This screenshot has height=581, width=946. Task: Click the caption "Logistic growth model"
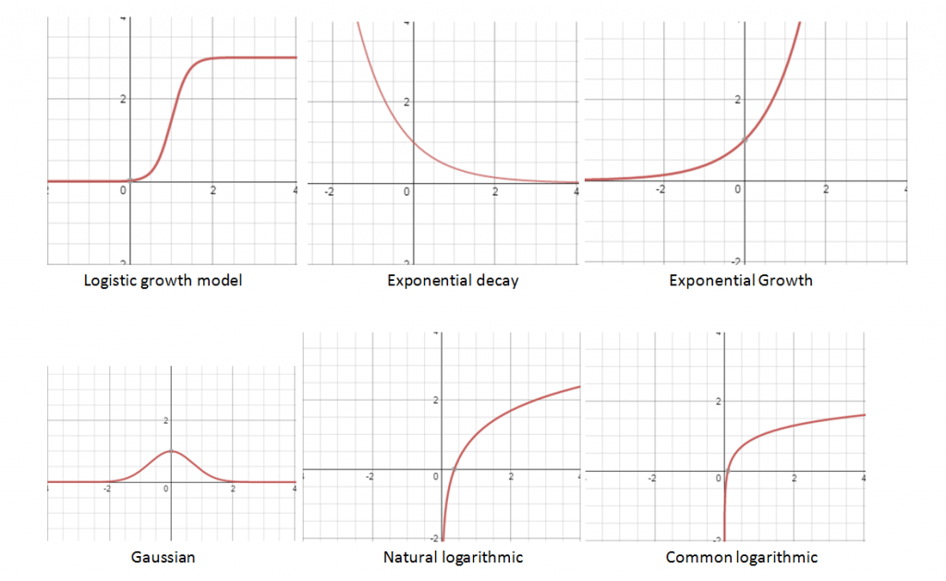[163, 281]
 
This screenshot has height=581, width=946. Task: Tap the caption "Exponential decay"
[453, 281]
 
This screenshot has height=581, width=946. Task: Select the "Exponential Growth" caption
[741, 281]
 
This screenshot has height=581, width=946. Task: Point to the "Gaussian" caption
[164, 557]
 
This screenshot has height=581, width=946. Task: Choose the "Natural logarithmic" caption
[453, 557]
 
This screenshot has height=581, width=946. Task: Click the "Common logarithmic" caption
[741, 557]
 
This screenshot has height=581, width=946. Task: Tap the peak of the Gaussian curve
[171, 451]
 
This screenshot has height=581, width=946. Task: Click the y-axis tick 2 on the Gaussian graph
[165, 421]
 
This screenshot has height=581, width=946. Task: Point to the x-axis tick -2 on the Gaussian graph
[108, 490]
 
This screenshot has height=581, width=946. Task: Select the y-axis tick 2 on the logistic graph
[123, 99]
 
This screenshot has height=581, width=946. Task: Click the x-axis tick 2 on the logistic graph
[213, 191]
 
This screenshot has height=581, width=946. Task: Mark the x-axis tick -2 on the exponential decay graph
[330, 192]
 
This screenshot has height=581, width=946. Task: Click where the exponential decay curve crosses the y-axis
[412, 142]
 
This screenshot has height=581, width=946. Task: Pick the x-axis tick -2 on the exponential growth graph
[660, 189]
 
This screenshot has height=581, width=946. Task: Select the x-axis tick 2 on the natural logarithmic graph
[511, 478]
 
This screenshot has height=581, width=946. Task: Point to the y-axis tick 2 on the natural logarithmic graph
[434, 400]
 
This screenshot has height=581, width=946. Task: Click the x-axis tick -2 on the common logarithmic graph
[652, 478]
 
